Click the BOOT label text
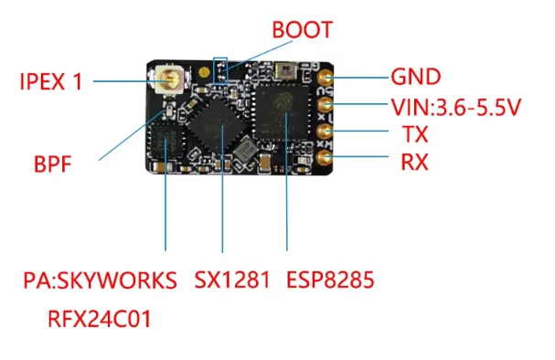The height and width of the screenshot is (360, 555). (303, 30)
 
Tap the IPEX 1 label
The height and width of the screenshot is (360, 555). (51, 81)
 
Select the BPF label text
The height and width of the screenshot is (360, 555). (52, 164)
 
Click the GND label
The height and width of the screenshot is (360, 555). (415, 77)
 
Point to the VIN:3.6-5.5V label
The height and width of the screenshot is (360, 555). (456, 107)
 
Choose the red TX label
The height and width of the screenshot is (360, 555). (415, 134)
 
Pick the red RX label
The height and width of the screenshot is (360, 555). (414, 163)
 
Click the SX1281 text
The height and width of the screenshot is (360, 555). (232, 280)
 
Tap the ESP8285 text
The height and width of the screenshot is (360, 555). (330, 280)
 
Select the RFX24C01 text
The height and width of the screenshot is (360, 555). (99, 319)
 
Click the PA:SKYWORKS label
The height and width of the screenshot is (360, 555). (100, 281)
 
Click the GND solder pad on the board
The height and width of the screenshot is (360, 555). (325, 78)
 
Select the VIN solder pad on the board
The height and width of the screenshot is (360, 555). (325, 104)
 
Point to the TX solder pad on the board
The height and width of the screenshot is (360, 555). (324, 132)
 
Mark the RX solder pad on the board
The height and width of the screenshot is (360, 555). (324, 158)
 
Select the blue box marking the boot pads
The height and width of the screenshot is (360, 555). (220, 70)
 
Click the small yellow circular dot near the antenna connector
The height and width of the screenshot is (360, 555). (204, 72)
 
